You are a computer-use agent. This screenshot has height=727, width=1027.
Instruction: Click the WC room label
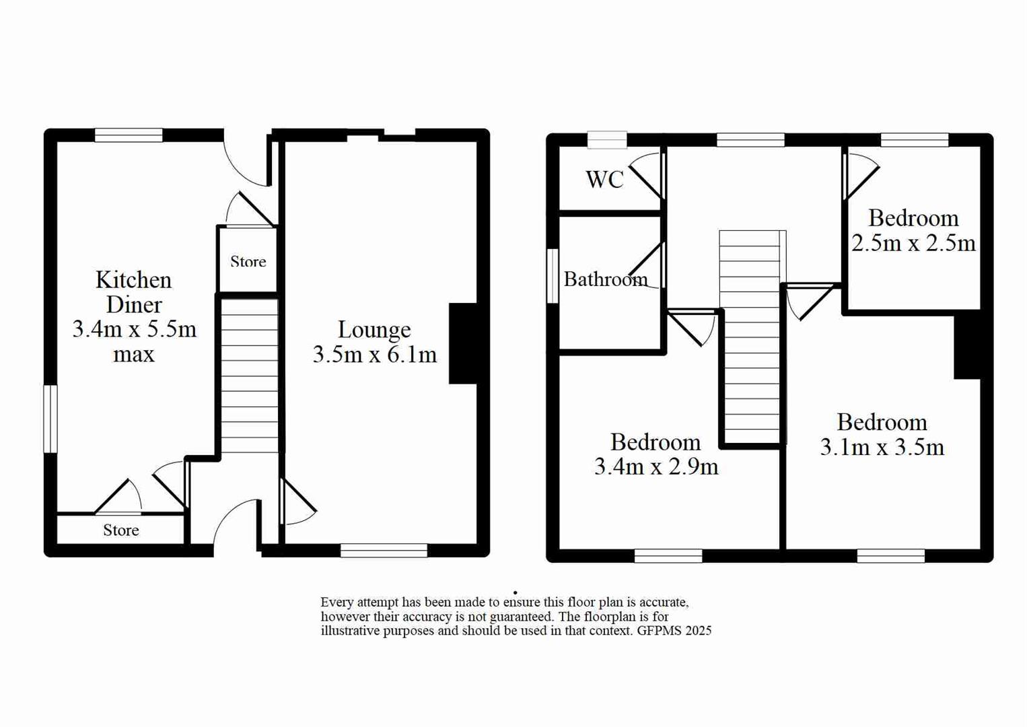pos(604,179)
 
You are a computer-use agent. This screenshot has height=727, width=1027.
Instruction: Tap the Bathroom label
pos(605,279)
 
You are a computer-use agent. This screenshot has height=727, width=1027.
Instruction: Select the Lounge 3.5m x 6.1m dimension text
pos(375,354)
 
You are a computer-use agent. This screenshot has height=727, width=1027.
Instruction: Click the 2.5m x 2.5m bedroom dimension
pos(913,242)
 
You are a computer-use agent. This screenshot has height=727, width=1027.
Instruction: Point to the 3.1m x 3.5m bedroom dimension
pos(882,447)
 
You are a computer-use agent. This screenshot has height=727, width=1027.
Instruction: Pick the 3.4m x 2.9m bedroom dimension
pos(656,466)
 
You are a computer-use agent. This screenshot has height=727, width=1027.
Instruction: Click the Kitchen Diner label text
pos(133,292)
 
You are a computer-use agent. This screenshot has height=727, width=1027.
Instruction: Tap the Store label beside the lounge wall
pos(248,261)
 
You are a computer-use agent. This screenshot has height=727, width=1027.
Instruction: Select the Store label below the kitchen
pos(121,530)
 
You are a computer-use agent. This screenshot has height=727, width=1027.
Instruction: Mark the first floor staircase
pos(750,337)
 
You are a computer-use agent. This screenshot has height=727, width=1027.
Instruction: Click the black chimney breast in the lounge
pos(463,343)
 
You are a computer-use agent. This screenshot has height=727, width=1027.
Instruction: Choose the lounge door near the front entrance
pos(297,501)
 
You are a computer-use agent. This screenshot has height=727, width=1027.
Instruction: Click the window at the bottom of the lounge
pos(384,550)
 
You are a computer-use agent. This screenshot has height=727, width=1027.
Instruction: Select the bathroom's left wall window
pos(553,276)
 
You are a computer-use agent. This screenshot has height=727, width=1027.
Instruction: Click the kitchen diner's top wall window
pos(129,135)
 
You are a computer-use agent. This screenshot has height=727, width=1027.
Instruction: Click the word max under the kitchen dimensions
pos(133,354)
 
